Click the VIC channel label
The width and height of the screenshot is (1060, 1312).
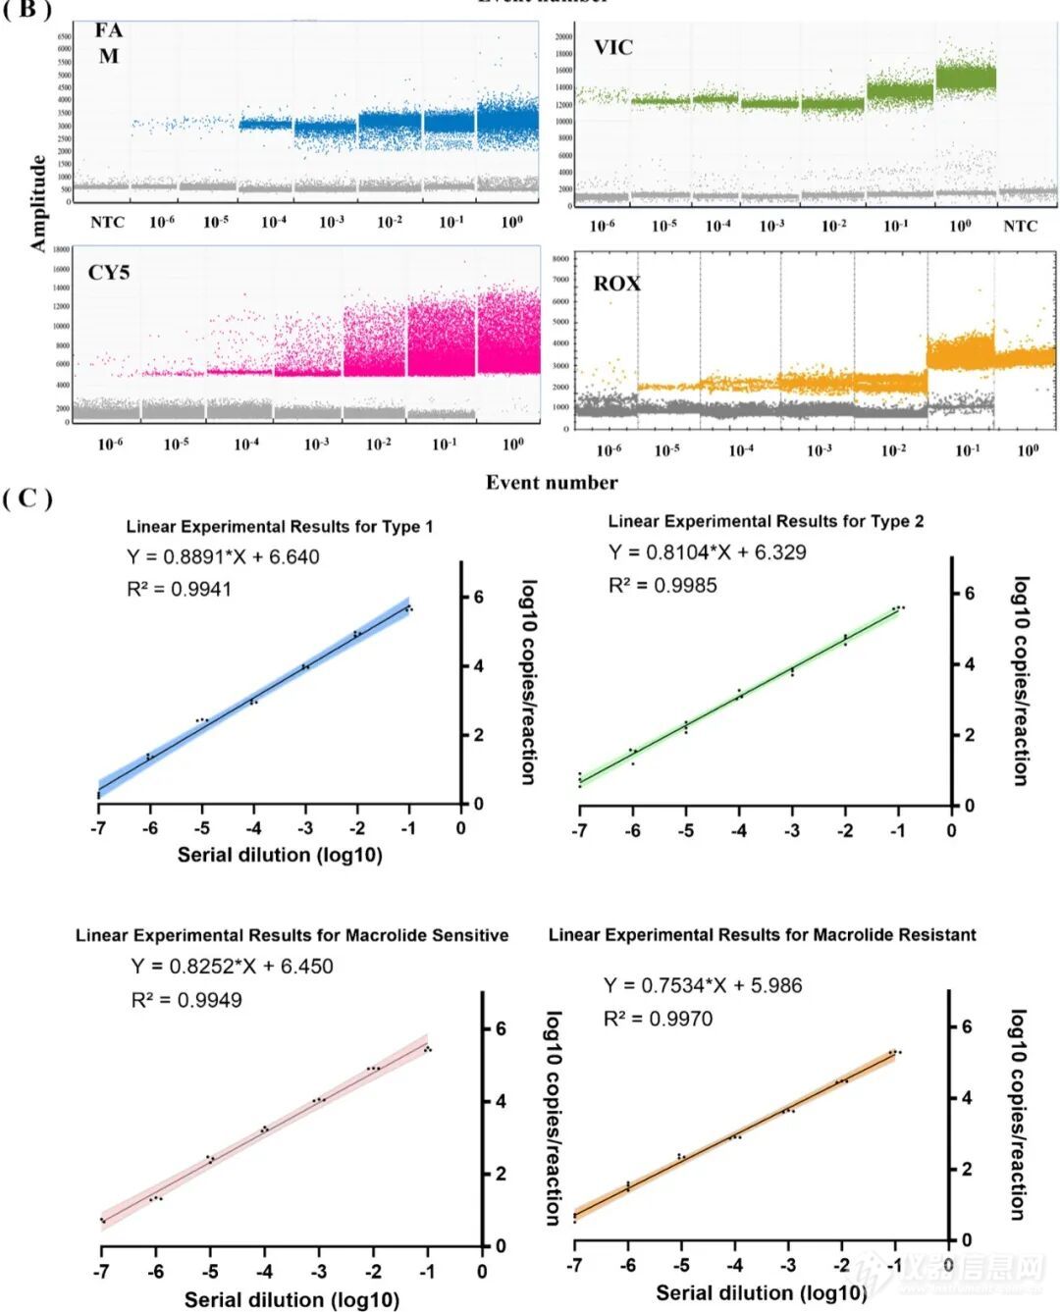pyautogui.click(x=613, y=47)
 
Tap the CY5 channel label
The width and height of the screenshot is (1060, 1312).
pyautogui.click(x=109, y=272)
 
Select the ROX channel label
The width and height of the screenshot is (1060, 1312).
pyautogui.click(x=616, y=284)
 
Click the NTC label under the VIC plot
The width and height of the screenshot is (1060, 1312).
pyautogui.click(x=1020, y=226)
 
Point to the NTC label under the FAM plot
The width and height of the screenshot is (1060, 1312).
pyautogui.click(x=108, y=222)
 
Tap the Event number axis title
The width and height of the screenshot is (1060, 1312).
pyautogui.click(x=552, y=482)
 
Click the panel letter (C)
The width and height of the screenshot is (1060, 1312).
pyautogui.click(x=26, y=499)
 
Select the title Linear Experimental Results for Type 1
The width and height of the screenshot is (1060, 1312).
pyautogui.click(x=280, y=527)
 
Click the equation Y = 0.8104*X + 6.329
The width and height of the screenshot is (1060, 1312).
pyautogui.click(x=707, y=552)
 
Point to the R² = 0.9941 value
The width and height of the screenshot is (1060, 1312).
pyautogui.click(x=179, y=589)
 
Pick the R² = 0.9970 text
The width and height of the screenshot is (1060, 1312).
pyautogui.click(x=658, y=1019)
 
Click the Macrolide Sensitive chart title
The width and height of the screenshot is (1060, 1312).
pyautogui.click(x=291, y=935)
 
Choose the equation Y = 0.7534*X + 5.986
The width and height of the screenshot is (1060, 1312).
pyautogui.click(x=702, y=985)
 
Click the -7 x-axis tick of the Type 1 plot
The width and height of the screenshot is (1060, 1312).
pyautogui.click(x=97, y=828)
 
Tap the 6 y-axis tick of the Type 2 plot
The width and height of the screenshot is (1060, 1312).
pyautogui.click(x=969, y=594)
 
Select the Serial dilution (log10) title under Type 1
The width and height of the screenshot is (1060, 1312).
pyautogui.click(x=280, y=855)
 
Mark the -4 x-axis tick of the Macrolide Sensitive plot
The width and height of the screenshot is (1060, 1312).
pyautogui.click(x=264, y=1272)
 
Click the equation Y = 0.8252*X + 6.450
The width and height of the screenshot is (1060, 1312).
pyautogui.click(x=232, y=967)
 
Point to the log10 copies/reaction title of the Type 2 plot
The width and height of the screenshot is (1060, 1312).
pyautogui.click(x=1021, y=681)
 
